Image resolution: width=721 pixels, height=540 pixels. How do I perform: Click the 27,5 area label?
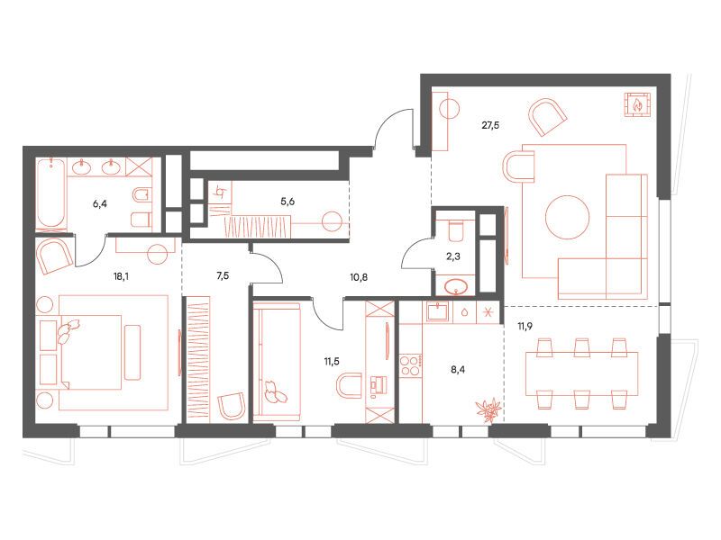pyautogui.click(x=490, y=125)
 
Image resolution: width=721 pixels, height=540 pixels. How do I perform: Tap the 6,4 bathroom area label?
pyautogui.click(x=100, y=203)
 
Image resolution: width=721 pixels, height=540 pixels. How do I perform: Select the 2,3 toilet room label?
pyautogui.click(x=453, y=256)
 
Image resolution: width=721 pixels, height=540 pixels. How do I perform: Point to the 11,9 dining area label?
pyautogui.click(x=525, y=327)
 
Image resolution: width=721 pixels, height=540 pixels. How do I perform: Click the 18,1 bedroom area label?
pyautogui.click(x=121, y=276)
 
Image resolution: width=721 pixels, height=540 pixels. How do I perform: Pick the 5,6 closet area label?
pyautogui.click(x=287, y=201)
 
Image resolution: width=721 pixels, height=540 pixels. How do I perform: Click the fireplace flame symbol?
pyautogui.click(x=637, y=104)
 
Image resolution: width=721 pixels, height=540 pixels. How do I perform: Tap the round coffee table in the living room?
pyautogui.click(x=568, y=217)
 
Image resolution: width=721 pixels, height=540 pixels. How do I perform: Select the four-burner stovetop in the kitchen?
pyautogui.click(x=409, y=366)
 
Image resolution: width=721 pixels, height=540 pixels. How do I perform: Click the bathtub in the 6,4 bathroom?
pyautogui.click(x=51, y=193)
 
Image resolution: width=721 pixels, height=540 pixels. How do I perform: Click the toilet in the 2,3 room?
pyautogui.click(x=457, y=230)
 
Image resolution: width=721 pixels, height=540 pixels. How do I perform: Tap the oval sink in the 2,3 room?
pyautogui.click(x=456, y=287)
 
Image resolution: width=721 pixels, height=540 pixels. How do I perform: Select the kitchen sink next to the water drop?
pyautogui.click(x=440, y=312)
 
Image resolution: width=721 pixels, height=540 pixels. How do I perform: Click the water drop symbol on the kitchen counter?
pyautogui.click(x=465, y=312)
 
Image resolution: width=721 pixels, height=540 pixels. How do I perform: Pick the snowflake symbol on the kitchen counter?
pyautogui.click(x=488, y=312)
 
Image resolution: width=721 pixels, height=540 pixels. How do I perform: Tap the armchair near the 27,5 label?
pyautogui.click(x=547, y=117)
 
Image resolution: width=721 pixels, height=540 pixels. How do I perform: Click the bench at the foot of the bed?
pyautogui.click(x=132, y=352)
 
